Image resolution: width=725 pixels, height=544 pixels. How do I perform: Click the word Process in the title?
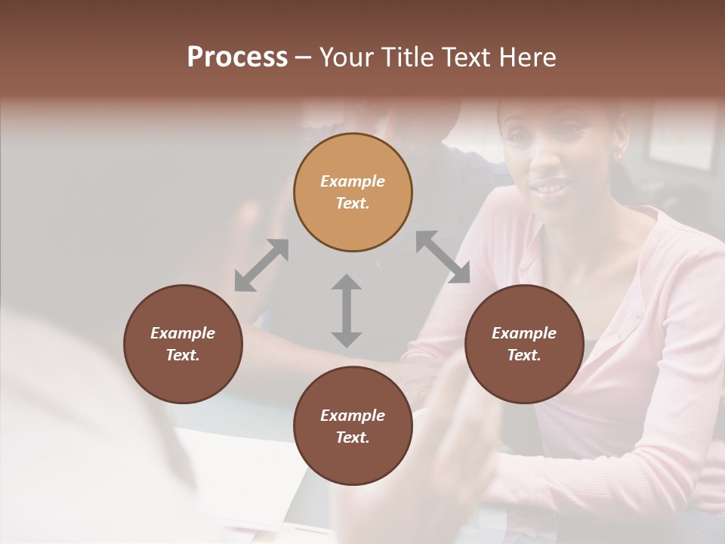[x=237, y=57]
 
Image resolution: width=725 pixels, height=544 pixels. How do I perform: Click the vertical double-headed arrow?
[x=347, y=311]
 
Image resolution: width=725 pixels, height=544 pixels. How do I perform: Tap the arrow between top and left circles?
[x=261, y=264]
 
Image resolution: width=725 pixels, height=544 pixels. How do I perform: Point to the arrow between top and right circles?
[x=443, y=257]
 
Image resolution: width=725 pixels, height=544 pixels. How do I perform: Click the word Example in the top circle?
[x=353, y=181]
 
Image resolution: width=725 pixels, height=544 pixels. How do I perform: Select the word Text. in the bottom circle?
[x=353, y=437]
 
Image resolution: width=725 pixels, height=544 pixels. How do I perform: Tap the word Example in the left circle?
[x=183, y=333]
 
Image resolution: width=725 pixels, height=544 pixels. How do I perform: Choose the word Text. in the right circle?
[x=524, y=355]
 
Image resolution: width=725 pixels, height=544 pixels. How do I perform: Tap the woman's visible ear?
[x=619, y=149]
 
